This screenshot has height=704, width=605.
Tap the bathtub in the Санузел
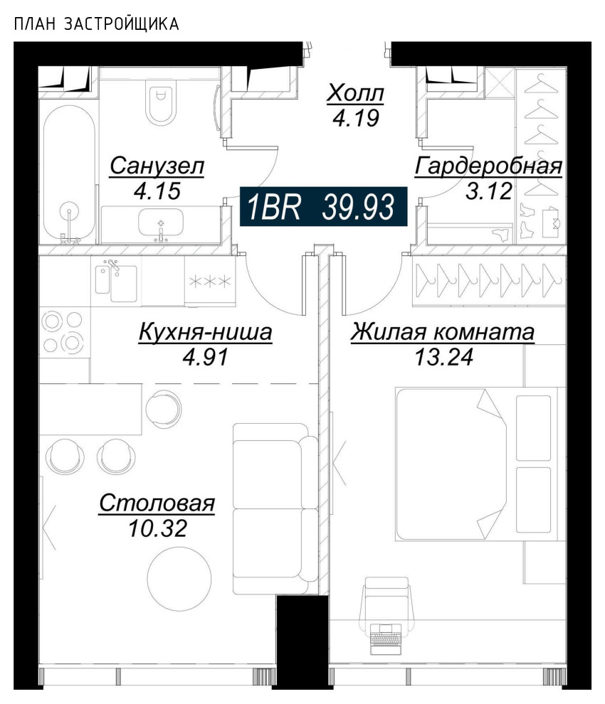point(68,174)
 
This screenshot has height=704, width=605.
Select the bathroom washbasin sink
point(161,224)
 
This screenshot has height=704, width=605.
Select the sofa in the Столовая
point(275,508)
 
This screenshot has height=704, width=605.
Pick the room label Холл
point(355,93)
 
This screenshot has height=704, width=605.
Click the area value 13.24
point(443,355)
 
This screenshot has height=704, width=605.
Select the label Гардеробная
point(488,166)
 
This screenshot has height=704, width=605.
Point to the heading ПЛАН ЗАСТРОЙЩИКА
point(96,25)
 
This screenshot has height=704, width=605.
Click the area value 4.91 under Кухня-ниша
point(205,356)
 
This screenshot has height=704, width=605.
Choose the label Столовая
point(157,503)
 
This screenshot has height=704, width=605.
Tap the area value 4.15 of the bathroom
point(157,191)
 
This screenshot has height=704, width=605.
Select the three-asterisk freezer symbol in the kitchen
point(209,281)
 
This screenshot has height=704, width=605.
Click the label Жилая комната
point(443,332)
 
